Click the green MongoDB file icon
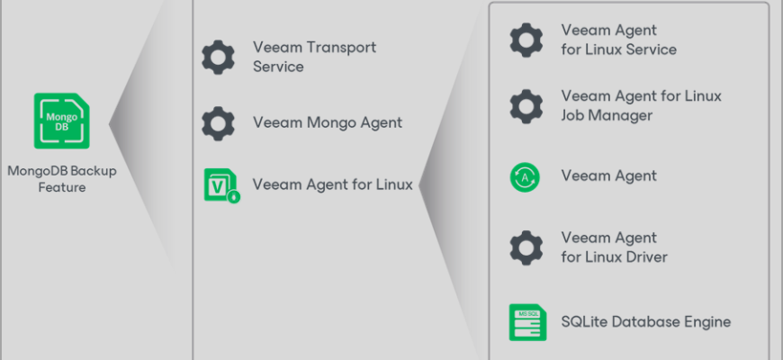coord(61,121)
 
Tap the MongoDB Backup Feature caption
coord(61,178)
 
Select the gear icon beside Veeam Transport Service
coord(218,57)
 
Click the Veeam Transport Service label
coord(314,57)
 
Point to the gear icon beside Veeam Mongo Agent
coord(218,122)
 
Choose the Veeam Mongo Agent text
coord(327,122)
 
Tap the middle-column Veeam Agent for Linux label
coord(332,184)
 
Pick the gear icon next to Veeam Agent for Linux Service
coord(526,40)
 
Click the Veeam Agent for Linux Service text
coord(618,40)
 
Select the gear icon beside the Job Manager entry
coord(526,105)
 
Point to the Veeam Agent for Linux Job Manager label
coord(641,105)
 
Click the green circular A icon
coord(526,176)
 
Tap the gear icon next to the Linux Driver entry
coord(526,247)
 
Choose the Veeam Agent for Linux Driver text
coord(614,247)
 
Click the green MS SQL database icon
coord(526,321)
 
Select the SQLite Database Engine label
coord(645,321)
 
